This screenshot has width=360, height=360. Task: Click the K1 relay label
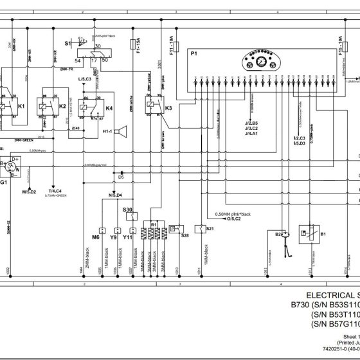[22, 105]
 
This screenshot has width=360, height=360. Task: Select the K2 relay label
[62, 105]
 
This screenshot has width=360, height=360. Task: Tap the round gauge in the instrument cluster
[262, 62]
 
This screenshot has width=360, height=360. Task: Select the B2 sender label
[278, 235]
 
